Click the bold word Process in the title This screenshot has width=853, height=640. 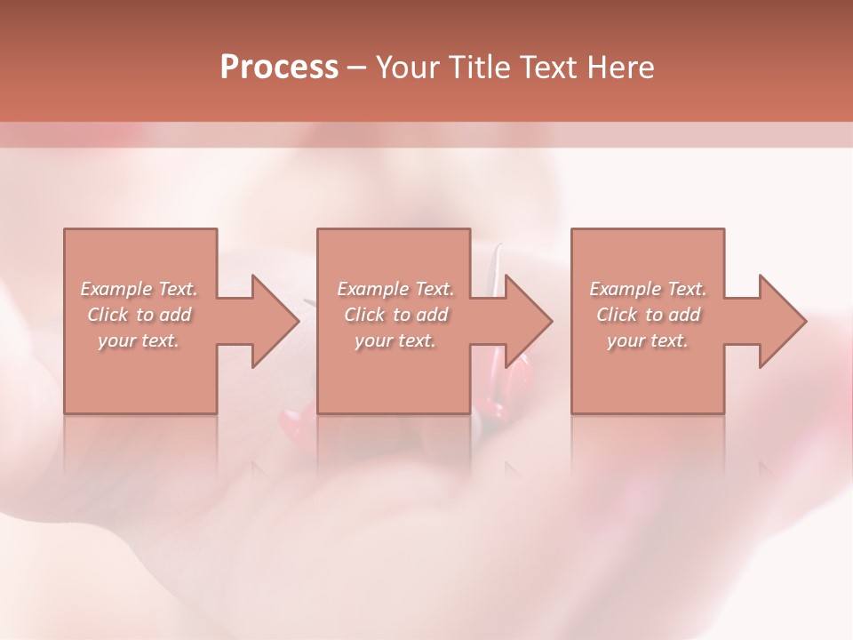pyautogui.click(x=279, y=68)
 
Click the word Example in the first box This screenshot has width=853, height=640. pyautogui.click(x=116, y=289)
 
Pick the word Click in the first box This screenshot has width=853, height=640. pyautogui.click(x=108, y=315)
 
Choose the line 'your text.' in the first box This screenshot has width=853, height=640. pyautogui.click(x=138, y=340)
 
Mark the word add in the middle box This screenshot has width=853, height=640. pyautogui.click(x=432, y=315)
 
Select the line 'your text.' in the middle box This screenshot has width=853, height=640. pyautogui.click(x=395, y=340)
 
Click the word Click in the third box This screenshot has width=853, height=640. pyautogui.click(x=617, y=315)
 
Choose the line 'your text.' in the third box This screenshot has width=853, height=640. pyautogui.click(x=647, y=340)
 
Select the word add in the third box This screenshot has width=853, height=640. pyautogui.click(x=684, y=315)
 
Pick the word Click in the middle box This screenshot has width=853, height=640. pyautogui.click(x=364, y=315)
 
